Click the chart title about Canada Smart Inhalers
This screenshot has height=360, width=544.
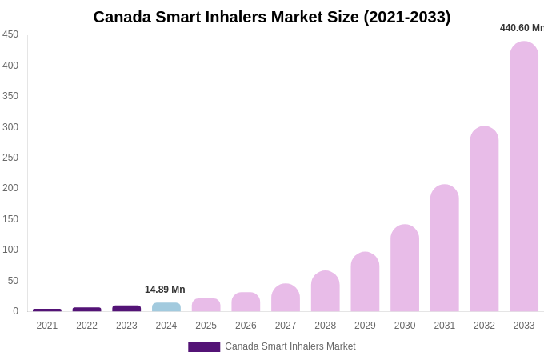coord(272,17)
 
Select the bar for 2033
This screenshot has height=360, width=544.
coord(524,176)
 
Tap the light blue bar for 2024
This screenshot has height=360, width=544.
coord(166,307)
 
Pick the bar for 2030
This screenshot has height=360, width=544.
coord(405,268)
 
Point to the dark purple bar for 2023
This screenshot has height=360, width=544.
coord(126,308)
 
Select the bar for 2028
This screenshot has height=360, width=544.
coord(326,291)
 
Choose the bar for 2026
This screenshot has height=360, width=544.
coord(246,302)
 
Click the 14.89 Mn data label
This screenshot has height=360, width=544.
coord(165,290)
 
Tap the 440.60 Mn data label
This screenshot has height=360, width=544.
coord(522,28)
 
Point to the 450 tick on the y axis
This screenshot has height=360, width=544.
coord(10,34)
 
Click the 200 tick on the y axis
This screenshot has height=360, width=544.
coord(10,188)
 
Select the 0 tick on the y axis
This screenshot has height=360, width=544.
coord(15,311)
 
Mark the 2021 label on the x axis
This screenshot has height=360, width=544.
coord(47,326)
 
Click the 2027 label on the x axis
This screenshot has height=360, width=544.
coord(286,326)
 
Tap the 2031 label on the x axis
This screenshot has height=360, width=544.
coord(445,326)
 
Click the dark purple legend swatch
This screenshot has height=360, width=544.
coord(204,347)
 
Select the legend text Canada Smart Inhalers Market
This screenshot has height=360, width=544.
coord(290,346)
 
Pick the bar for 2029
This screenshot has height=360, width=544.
coord(365,282)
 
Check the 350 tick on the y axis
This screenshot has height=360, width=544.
coord(10,96)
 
